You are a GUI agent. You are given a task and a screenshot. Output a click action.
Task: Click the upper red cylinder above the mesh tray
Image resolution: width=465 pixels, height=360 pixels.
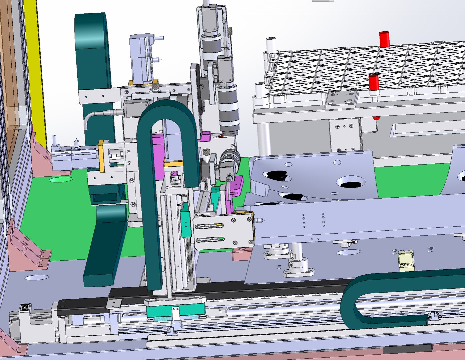click(384, 39)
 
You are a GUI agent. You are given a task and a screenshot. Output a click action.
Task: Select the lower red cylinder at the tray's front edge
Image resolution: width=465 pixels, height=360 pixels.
click(373, 83)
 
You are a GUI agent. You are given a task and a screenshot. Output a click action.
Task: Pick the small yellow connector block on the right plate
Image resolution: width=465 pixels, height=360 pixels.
click(406, 260)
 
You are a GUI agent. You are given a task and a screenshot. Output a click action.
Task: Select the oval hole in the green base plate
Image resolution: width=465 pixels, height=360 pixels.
click(61, 180)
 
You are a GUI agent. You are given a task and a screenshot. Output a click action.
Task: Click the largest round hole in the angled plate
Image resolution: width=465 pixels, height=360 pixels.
click(350, 182)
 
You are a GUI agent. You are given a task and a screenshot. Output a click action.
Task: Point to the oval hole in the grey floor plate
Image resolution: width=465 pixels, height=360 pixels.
click(36, 277)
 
